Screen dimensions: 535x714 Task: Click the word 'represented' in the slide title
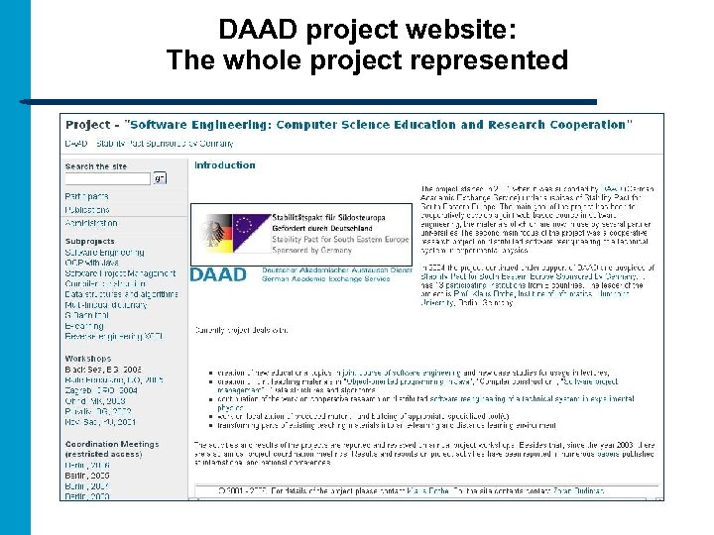click(485, 60)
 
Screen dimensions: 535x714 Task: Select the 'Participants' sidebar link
click(87, 196)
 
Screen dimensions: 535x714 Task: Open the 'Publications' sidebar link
click(87, 210)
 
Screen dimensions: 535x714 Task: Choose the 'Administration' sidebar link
click(91, 223)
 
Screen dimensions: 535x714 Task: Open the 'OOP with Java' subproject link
click(90, 263)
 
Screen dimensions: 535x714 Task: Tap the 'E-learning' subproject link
click(84, 326)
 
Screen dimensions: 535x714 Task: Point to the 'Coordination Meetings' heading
click(111, 444)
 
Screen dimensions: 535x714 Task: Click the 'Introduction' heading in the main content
click(225, 165)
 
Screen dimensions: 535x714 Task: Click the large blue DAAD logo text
click(218, 273)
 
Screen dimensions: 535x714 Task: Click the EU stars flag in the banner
click(244, 231)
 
